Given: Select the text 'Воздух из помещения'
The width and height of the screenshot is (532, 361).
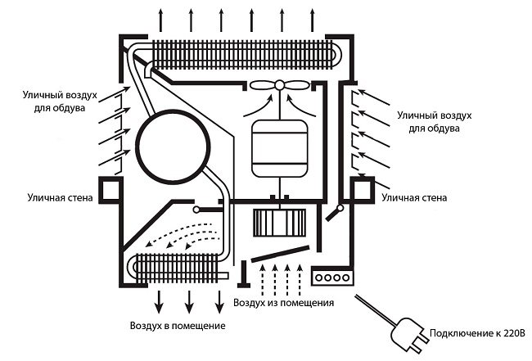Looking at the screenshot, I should pyautogui.click(x=283, y=304).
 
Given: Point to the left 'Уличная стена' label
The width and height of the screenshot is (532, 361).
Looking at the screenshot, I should pyautogui.click(x=56, y=197).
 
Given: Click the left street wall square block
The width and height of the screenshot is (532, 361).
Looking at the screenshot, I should pyautogui.click(x=110, y=191).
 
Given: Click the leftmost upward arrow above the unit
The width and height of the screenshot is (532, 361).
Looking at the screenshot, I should pyautogui.click(x=160, y=17).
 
